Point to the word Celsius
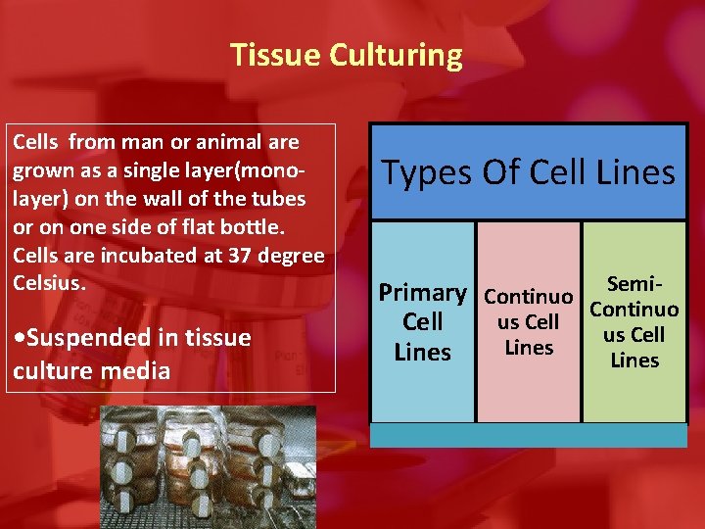point(48,283)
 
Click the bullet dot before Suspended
point(20,338)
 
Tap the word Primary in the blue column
point(422,293)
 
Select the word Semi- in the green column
point(635,284)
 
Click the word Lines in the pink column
point(529,347)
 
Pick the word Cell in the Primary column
point(422,322)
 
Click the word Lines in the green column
point(634,360)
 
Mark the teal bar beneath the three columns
point(529,435)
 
